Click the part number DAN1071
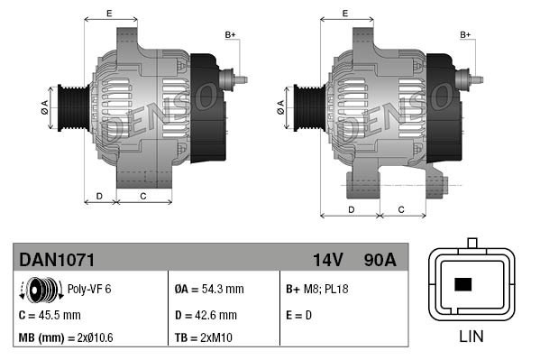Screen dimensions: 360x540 tap(57, 260)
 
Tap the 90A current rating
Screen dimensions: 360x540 tap(379, 260)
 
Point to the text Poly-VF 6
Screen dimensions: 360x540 tap(89, 290)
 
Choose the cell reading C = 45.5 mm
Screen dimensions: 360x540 tap(50, 315)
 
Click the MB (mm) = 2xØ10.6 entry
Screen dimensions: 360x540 tap(67, 338)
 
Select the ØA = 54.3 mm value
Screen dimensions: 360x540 tap(208, 290)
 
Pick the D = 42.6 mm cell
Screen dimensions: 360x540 tap(206, 315)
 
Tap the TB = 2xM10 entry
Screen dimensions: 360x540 tap(206, 338)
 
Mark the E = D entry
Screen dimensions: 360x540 tap(298, 315)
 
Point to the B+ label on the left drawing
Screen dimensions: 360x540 tap(230, 34)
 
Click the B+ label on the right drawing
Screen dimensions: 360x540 tap(466, 34)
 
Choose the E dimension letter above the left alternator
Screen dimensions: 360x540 tap(109, 13)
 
